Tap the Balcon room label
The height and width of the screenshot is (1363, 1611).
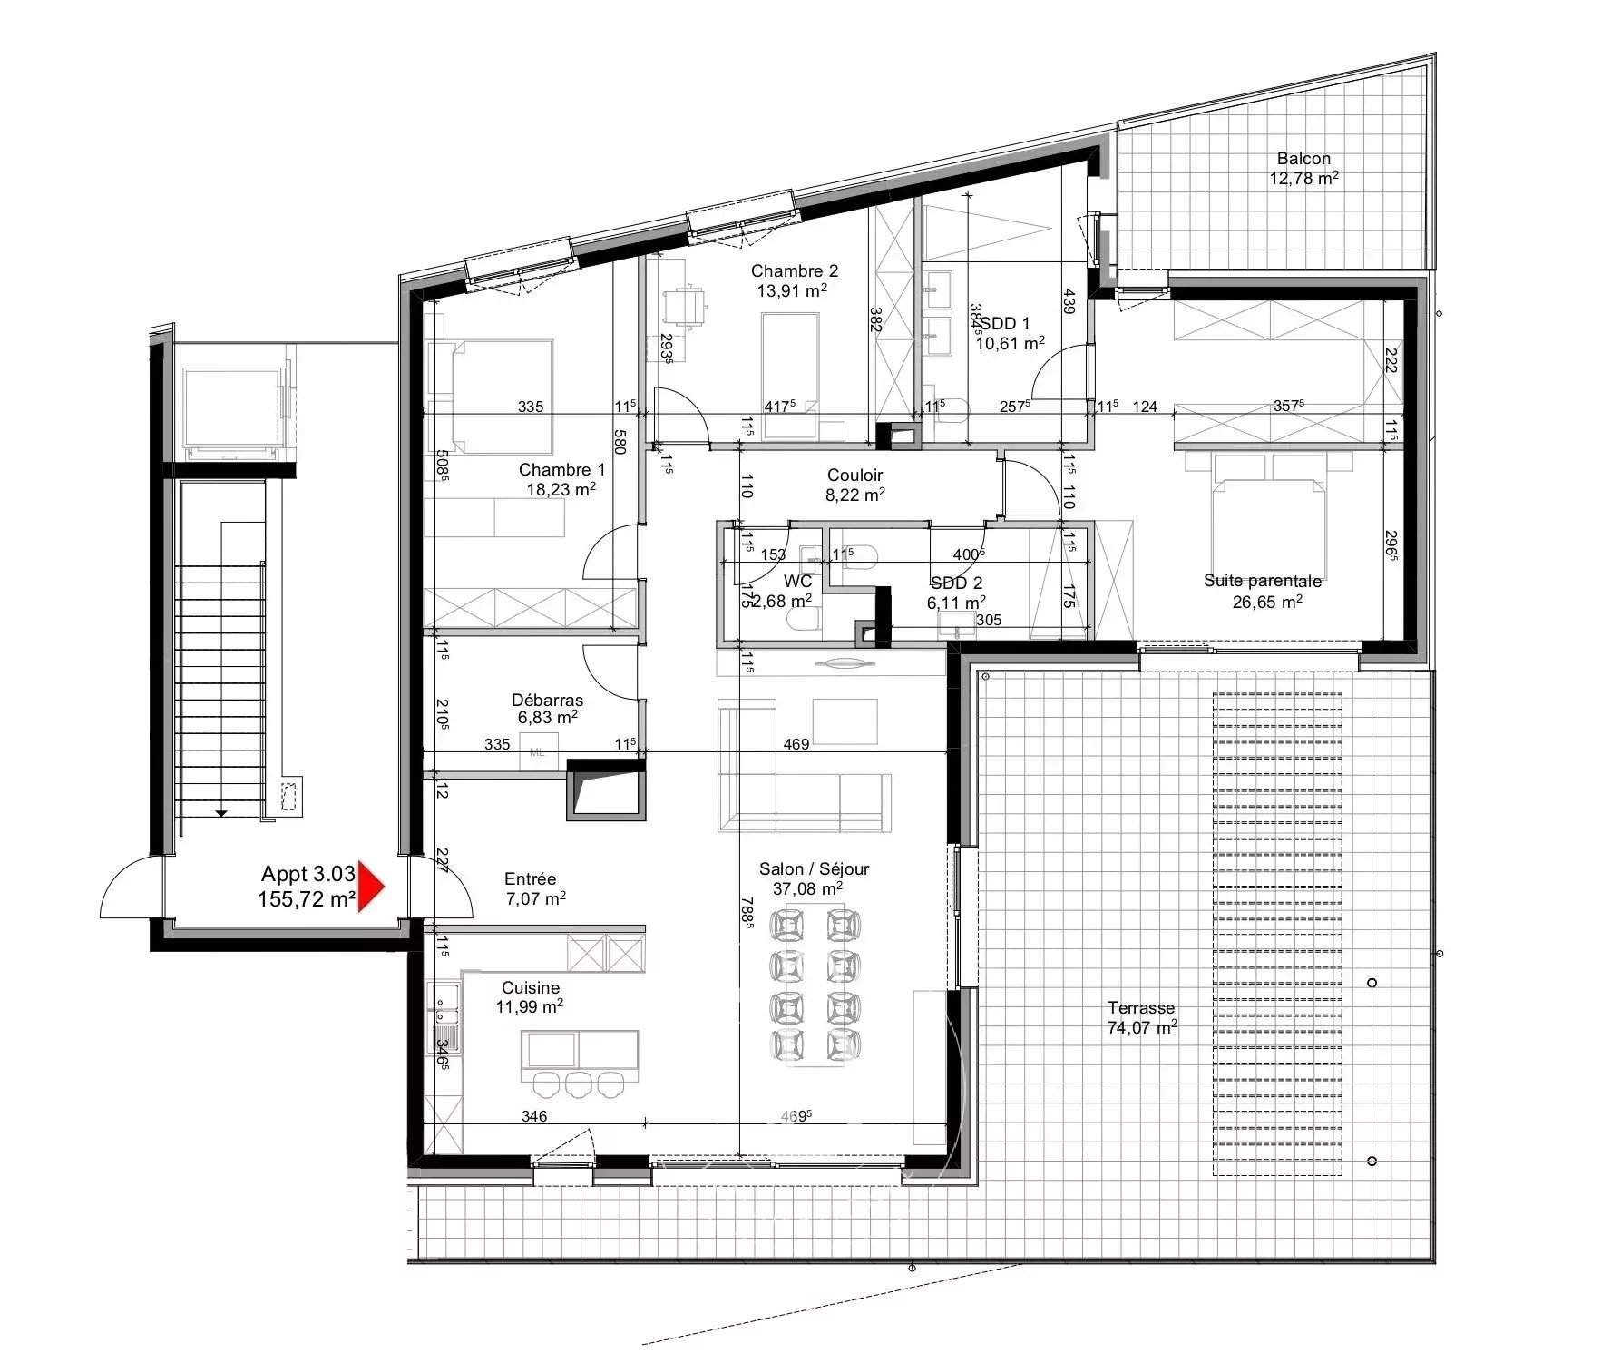[1303, 159]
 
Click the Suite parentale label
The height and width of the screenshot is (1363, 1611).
[1262, 581]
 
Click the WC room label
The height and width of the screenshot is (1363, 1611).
[798, 582]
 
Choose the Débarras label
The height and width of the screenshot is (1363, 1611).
[547, 701]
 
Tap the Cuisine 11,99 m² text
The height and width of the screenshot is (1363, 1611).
[531, 997]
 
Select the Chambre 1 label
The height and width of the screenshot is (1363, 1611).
[561, 470]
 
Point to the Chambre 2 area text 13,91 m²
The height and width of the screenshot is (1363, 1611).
[792, 291]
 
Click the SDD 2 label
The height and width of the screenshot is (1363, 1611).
[956, 583]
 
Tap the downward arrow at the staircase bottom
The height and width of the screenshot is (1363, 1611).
[221, 813]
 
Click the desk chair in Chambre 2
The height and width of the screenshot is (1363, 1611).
[685, 307]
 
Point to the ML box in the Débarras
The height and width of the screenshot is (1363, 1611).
[537, 752]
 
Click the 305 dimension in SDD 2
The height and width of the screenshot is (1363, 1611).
[989, 620]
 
